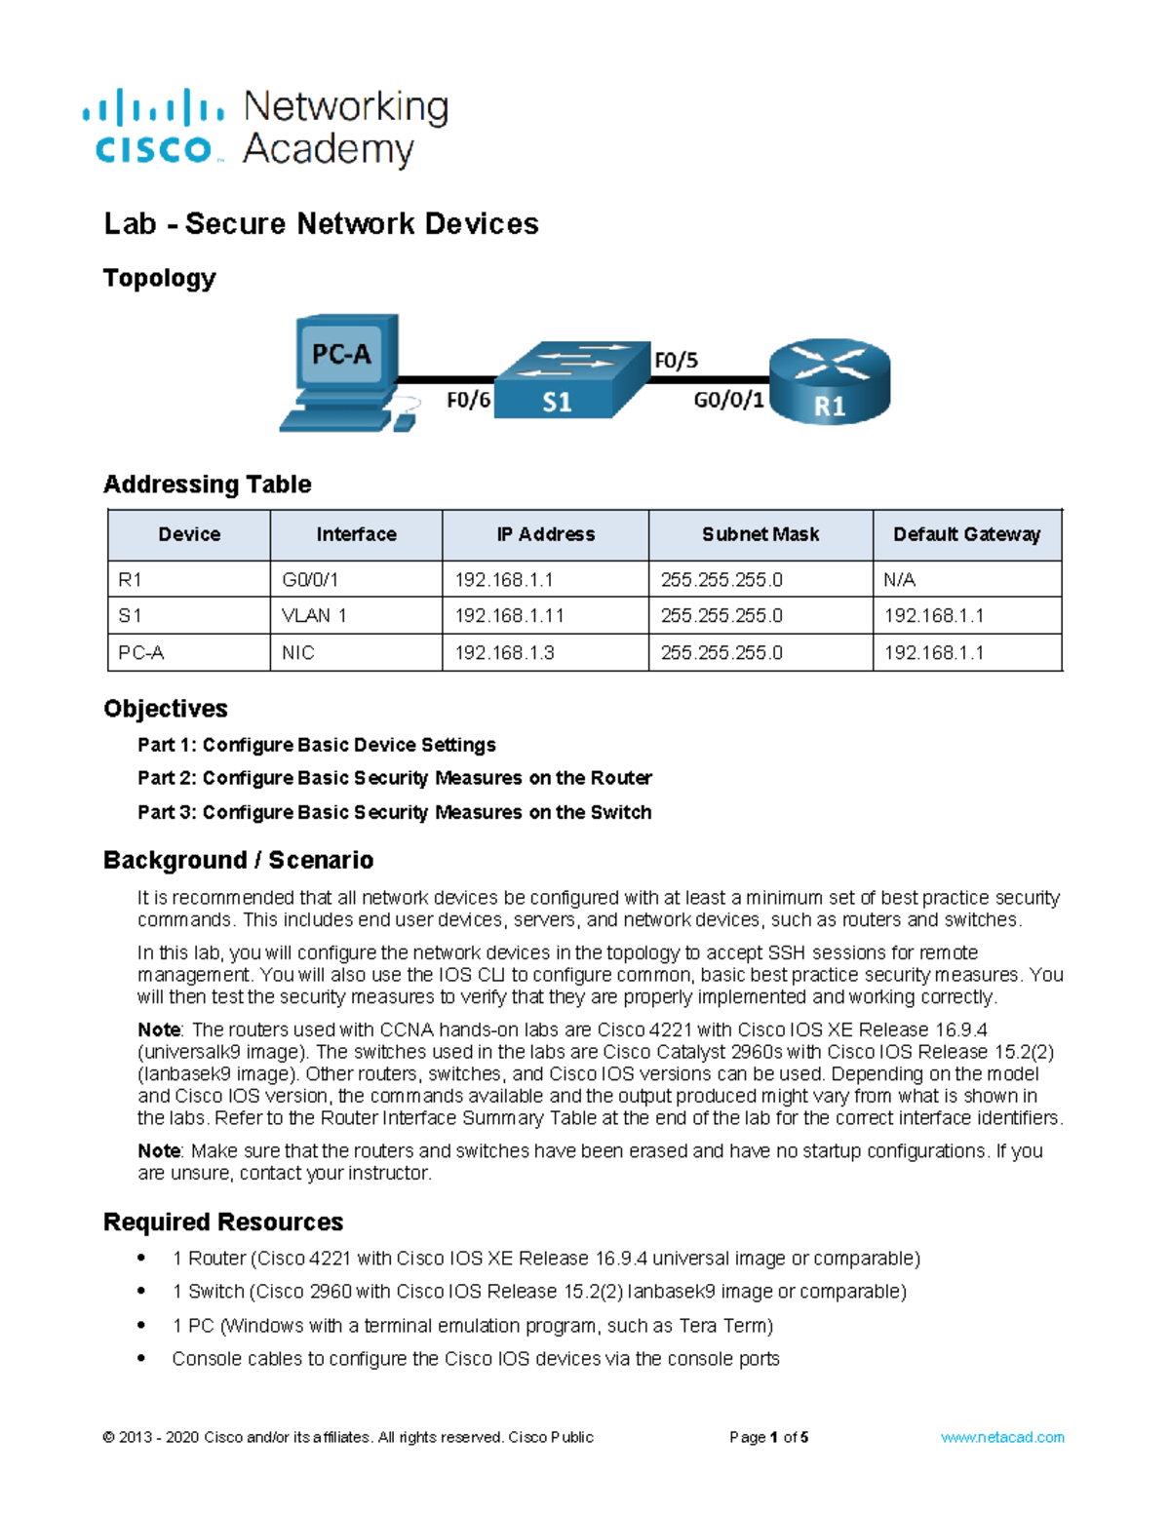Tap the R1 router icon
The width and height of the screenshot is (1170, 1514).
[x=830, y=382]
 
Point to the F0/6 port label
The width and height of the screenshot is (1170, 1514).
[x=468, y=401]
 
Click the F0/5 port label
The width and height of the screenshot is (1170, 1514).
[x=676, y=361]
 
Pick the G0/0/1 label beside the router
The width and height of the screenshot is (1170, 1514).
[x=728, y=401]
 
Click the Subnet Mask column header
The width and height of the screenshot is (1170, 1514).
[x=760, y=534]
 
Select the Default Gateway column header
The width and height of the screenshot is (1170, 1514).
[x=966, y=534]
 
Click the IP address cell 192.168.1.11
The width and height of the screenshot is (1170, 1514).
[x=509, y=616]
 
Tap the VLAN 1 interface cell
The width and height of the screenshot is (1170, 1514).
[x=314, y=616]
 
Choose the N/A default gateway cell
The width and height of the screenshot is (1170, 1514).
[x=900, y=580]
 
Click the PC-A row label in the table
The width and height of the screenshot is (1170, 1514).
[x=141, y=653]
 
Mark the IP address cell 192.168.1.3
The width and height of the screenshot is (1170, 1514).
[x=504, y=653]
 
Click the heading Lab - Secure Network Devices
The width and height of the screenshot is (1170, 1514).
[x=321, y=223]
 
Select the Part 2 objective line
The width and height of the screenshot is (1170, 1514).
[x=394, y=778]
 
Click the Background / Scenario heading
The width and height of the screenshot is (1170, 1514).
[x=238, y=860]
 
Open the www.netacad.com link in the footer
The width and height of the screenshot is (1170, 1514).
[x=1001, y=1437]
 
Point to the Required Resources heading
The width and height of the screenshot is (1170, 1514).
[x=223, y=1222]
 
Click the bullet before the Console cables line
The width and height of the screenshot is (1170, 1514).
[x=142, y=1358]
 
